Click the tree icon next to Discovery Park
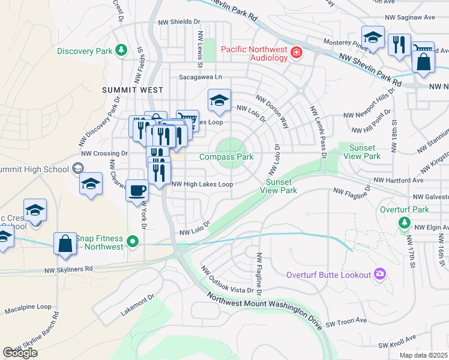(121, 49)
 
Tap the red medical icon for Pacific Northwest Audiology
(295, 53)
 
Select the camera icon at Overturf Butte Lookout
(379, 274)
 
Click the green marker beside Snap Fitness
(133, 243)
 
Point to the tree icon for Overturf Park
(405, 223)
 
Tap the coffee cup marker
(137, 191)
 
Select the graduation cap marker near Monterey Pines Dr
(373, 37)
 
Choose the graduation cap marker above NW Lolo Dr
(220, 100)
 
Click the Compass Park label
(226, 157)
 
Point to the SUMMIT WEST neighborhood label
(133, 90)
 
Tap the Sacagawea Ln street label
(200, 77)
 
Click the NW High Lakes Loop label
(202, 185)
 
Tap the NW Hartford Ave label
(399, 180)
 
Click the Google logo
(20, 353)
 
